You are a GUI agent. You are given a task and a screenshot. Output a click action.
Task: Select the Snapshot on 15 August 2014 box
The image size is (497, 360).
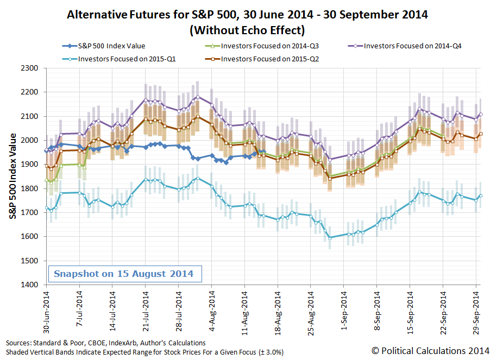tap(123, 273)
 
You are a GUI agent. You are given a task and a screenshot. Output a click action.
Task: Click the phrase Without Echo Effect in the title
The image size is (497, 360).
tap(247, 30)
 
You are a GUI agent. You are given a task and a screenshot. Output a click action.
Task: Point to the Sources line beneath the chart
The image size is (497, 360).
tap(106, 343)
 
